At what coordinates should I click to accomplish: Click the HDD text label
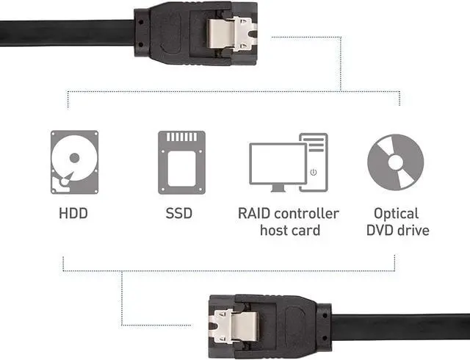click(73, 213)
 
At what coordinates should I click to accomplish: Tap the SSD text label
click(179, 213)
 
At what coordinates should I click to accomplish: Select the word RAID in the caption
click(254, 213)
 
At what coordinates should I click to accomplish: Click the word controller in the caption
click(306, 213)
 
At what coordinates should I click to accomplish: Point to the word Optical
click(396, 215)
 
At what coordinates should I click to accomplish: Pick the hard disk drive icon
click(74, 162)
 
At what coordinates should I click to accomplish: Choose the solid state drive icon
click(181, 162)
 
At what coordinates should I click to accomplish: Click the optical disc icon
click(396, 162)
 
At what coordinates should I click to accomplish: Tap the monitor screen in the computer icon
click(278, 163)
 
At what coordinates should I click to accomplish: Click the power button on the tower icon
click(314, 172)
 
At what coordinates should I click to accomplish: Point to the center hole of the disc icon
click(396, 162)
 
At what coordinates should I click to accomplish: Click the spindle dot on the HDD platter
click(74, 158)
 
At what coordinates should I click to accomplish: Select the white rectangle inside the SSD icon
click(181, 168)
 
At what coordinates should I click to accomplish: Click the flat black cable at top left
click(67, 33)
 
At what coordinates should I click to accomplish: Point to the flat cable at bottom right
click(400, 327)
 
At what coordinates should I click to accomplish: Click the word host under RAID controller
click(272, 231)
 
